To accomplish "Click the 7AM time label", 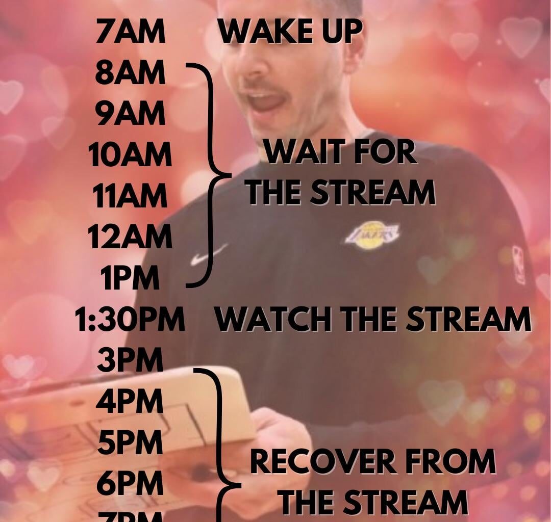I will coord(131,32).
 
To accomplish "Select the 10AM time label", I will coord(130,154).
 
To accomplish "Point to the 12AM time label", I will coord(130,237).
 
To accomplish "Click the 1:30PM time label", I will coord(130,320).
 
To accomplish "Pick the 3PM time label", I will coord(130,360).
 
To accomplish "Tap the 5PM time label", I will coord(130,442).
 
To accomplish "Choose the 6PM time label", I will coord(130,483).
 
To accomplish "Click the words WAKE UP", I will coord(290,32).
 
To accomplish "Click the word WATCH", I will coord(274,320).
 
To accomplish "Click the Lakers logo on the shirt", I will coord(372,236).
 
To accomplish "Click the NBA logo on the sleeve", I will coord(519,264).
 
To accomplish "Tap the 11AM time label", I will coord(130,196).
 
